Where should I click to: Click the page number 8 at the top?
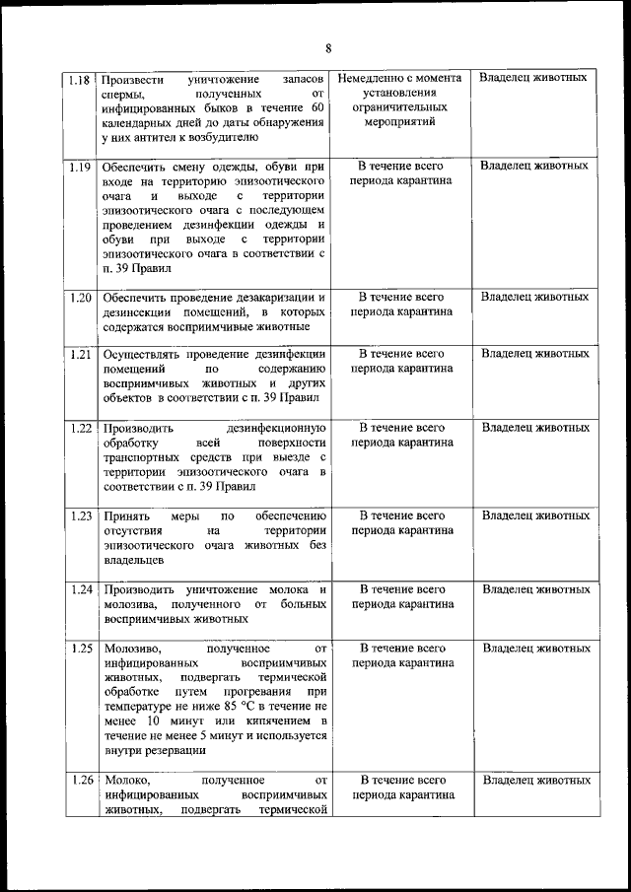[328, 48]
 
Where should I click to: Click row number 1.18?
[81, 78]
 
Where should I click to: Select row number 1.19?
[81, 166]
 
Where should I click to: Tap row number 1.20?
[81, 297]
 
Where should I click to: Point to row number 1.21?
[81, 353]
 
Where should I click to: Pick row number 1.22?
[81, 428]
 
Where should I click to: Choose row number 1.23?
[81, 515]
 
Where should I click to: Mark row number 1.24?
[81, 589]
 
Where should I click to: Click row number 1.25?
[81, 649]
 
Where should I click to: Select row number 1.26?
[81, 780]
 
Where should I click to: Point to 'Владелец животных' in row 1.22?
[535, 428]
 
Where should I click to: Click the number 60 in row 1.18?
[315, 107]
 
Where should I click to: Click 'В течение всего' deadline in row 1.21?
[401, 353]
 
